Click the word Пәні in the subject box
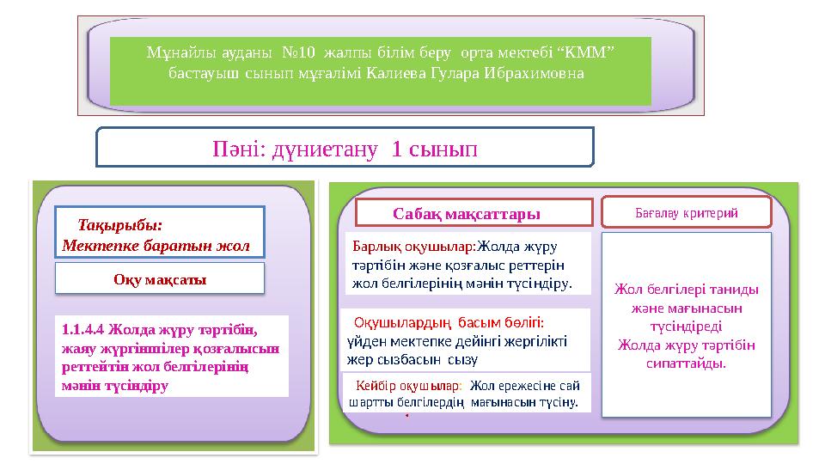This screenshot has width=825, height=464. coord(237,149)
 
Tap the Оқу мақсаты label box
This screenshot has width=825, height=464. coord(160,279)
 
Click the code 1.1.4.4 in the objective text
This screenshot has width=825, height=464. coord(84,328)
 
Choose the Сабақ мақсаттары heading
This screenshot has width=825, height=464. coord(466,212)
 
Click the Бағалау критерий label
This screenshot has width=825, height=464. coord(686,211)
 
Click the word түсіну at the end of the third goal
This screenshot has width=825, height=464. coord(558,401)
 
